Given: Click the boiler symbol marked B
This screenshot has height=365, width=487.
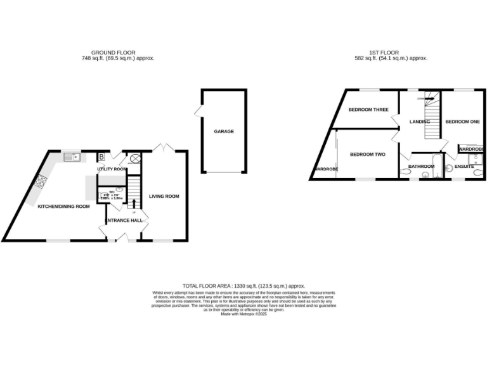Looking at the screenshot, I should (101, 157).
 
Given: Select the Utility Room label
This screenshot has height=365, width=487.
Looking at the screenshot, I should (112, 169).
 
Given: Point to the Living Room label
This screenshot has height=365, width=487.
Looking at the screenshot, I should (164, 196).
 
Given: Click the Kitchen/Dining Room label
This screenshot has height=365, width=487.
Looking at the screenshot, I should (63, 207).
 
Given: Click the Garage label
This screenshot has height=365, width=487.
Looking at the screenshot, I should (224, 131).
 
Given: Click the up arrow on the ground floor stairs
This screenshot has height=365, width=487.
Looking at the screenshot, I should (134, 204).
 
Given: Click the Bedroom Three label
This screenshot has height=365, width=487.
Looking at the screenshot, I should (368, 110).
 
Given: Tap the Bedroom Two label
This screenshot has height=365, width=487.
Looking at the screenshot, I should (368, 155).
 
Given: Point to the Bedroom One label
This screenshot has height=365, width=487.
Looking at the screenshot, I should (462, 121).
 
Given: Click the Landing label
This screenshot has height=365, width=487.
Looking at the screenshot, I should (420, 121).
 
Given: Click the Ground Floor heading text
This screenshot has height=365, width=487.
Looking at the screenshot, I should (114, 53).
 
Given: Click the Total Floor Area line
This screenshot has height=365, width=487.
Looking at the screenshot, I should (243, 286).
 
